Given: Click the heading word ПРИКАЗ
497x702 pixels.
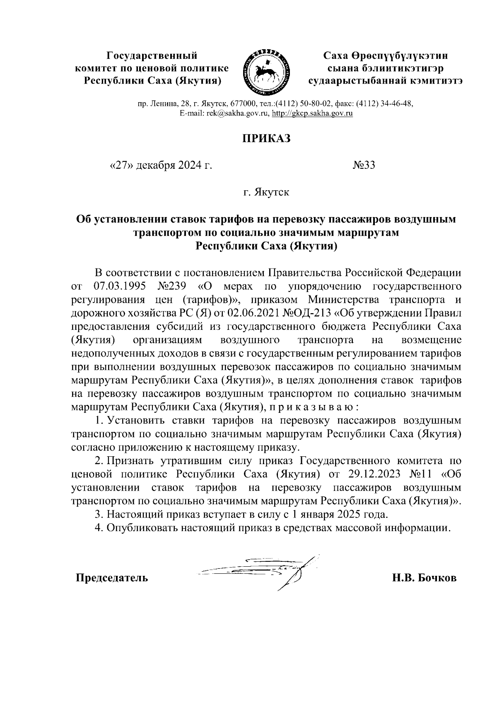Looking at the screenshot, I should pos(266,139).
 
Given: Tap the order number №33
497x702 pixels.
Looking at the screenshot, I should pos(364,165).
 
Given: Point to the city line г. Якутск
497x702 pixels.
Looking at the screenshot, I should pos(266,192).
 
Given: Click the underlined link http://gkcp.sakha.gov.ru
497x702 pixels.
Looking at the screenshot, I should pos(312,114).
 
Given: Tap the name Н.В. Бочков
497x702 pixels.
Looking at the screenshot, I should pos(425,577).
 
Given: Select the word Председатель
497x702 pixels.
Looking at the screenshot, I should pos(111,577).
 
